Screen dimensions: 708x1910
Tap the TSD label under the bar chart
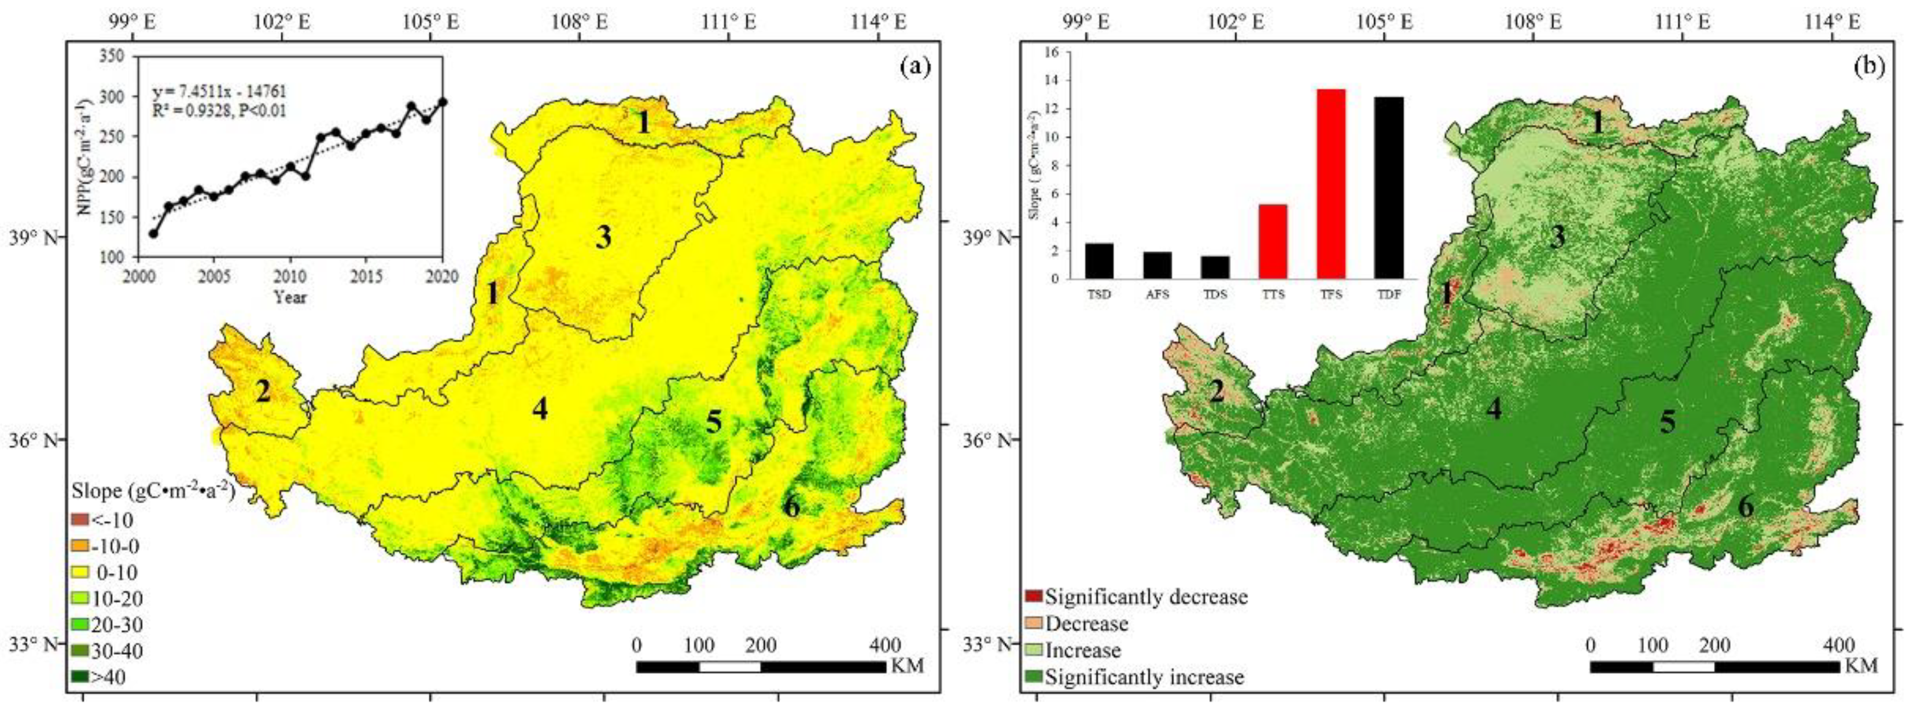tap(1099, 294)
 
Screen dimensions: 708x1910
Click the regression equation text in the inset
tap(219, 92)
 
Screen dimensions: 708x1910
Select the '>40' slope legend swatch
tap(81, 676)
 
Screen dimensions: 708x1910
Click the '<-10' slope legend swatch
tap(81, 519)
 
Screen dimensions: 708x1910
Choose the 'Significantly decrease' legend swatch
tap(1034, 596)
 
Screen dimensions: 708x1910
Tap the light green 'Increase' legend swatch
tap(1034, 650)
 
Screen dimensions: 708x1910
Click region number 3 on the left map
tap(603, 238)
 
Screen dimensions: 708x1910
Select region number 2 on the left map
tap(263, 392)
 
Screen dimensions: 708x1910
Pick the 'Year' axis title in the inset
tap(290, 297)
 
